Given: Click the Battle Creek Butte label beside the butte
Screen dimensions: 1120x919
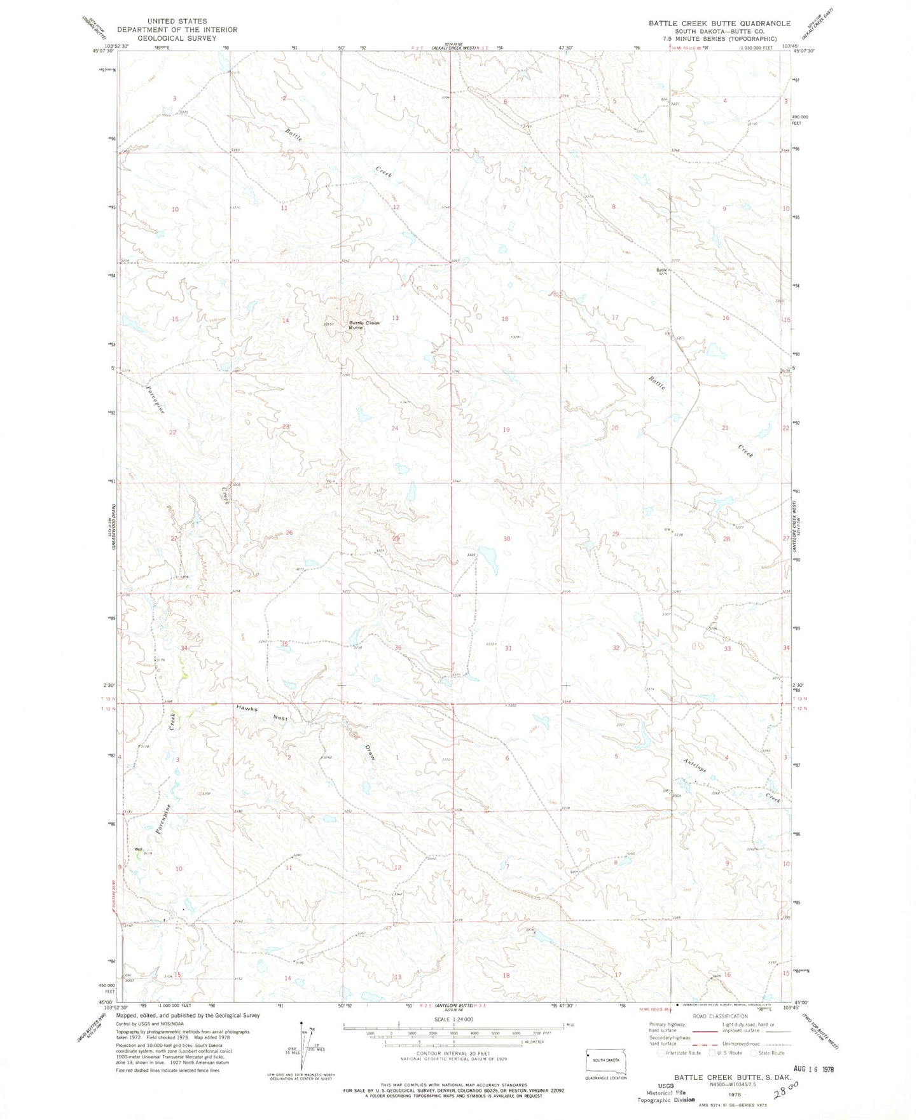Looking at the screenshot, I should (x=364, y=324).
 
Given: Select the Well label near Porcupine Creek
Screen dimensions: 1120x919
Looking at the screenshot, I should (x=138, y=849).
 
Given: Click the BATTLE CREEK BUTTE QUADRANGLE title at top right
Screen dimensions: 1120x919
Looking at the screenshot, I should (x=719, y=23).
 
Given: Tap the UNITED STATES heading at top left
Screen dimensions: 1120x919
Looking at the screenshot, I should (x=176, y=21).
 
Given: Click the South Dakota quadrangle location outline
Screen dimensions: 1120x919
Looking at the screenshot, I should (x=605, y=1061).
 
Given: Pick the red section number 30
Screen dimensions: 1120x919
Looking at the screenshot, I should (x=507, y=539).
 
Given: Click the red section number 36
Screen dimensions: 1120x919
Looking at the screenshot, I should (x=398, y=648).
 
